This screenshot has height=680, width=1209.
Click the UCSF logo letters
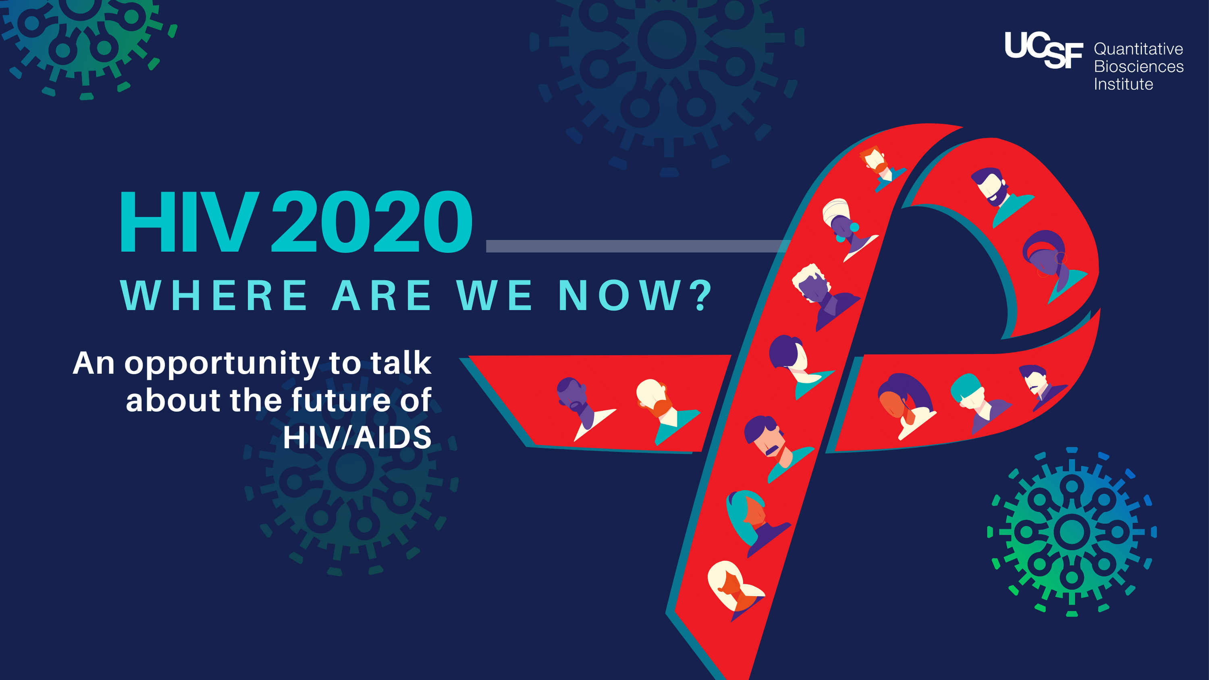(x=1043, y=49)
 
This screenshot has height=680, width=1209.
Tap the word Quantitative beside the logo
(x=1138, y=49)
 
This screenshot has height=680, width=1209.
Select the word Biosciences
(x=1138, y=67)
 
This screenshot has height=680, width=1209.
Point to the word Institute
(x=1123, y=85)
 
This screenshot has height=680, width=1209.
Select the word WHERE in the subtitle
(x=214, y=295)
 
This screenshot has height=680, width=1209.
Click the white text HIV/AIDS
(x=357, y=437)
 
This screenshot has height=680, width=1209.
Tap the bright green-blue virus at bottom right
(x=1072, y=532)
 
